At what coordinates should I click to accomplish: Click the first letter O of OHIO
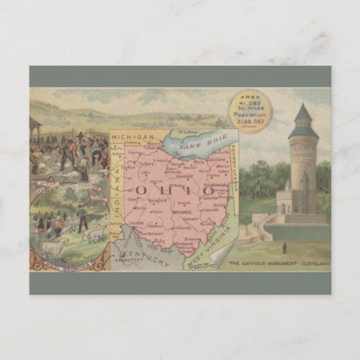(x=145, y=190)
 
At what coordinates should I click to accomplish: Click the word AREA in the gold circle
(x=249, y=98)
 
